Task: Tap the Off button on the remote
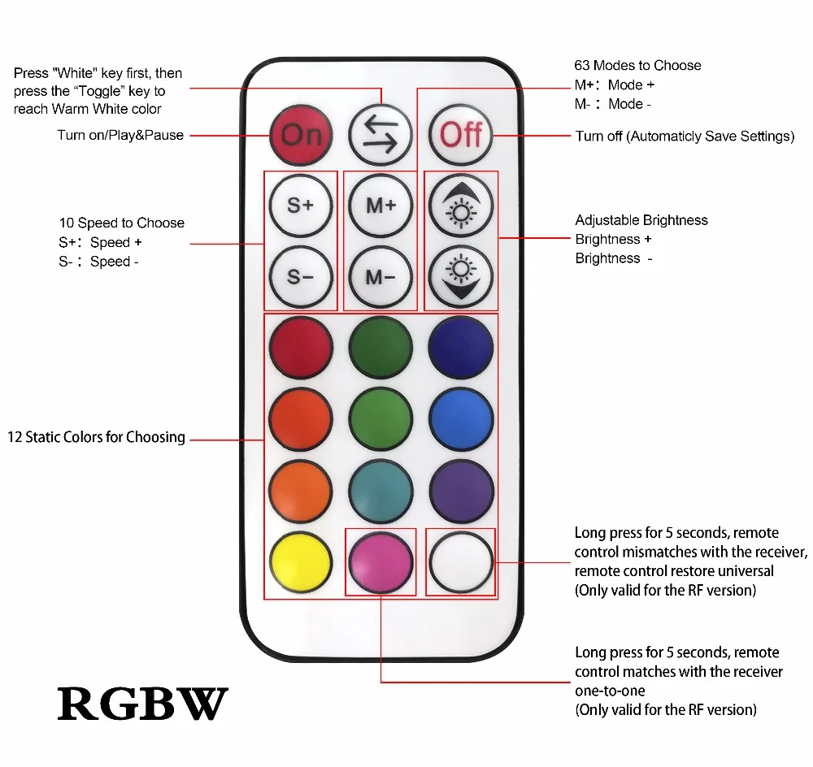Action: coord(461,134)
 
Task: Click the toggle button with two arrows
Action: coord(380,134)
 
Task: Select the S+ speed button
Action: coord(300,206)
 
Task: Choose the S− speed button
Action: coord(300,276)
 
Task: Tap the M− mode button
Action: coord(380,276)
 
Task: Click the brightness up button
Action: coord(461,206)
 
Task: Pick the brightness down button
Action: coord(461,276)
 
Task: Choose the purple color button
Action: coord(461,491)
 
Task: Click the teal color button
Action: coord(380,491)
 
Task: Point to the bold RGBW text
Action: coord(142,703)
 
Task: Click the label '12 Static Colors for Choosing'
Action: coord(97,437)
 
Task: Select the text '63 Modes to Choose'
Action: coord(637,66)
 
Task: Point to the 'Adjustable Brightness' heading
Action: coord(641,220)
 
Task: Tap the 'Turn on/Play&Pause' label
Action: coord(120,135)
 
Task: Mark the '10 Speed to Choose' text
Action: coord(122,223)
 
